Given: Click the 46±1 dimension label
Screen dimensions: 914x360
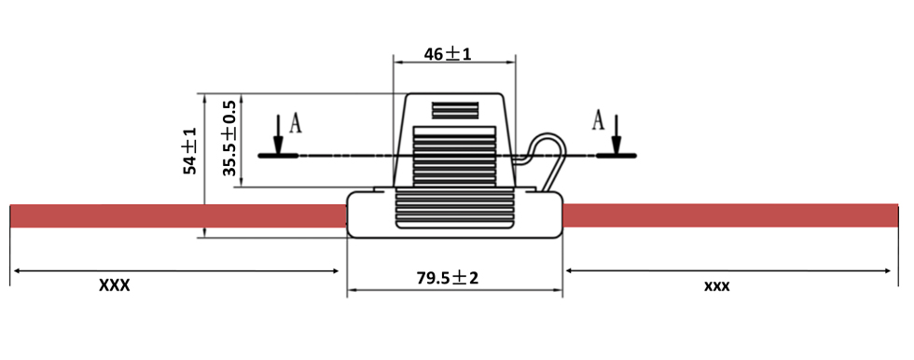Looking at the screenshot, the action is (x=448, y=54).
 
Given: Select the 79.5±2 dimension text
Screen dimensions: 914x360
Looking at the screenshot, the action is (x=447, y=278).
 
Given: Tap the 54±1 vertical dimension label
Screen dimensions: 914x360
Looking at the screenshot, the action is (x=190, y=151).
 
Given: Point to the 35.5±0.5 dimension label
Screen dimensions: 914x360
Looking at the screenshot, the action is (x=229, y=138).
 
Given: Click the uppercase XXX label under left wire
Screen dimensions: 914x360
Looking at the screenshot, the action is (x=114, y=285).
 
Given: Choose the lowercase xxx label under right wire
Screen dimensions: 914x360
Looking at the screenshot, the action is (x=717, y=286).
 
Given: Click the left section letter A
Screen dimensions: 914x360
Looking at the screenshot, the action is (x=297, y=123).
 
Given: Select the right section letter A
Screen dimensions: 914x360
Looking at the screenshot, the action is (x=599, y=120).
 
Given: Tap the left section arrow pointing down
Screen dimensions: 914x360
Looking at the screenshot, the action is (x=278, y=134).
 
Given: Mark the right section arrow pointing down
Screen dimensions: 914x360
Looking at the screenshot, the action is (x=616, y=134).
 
